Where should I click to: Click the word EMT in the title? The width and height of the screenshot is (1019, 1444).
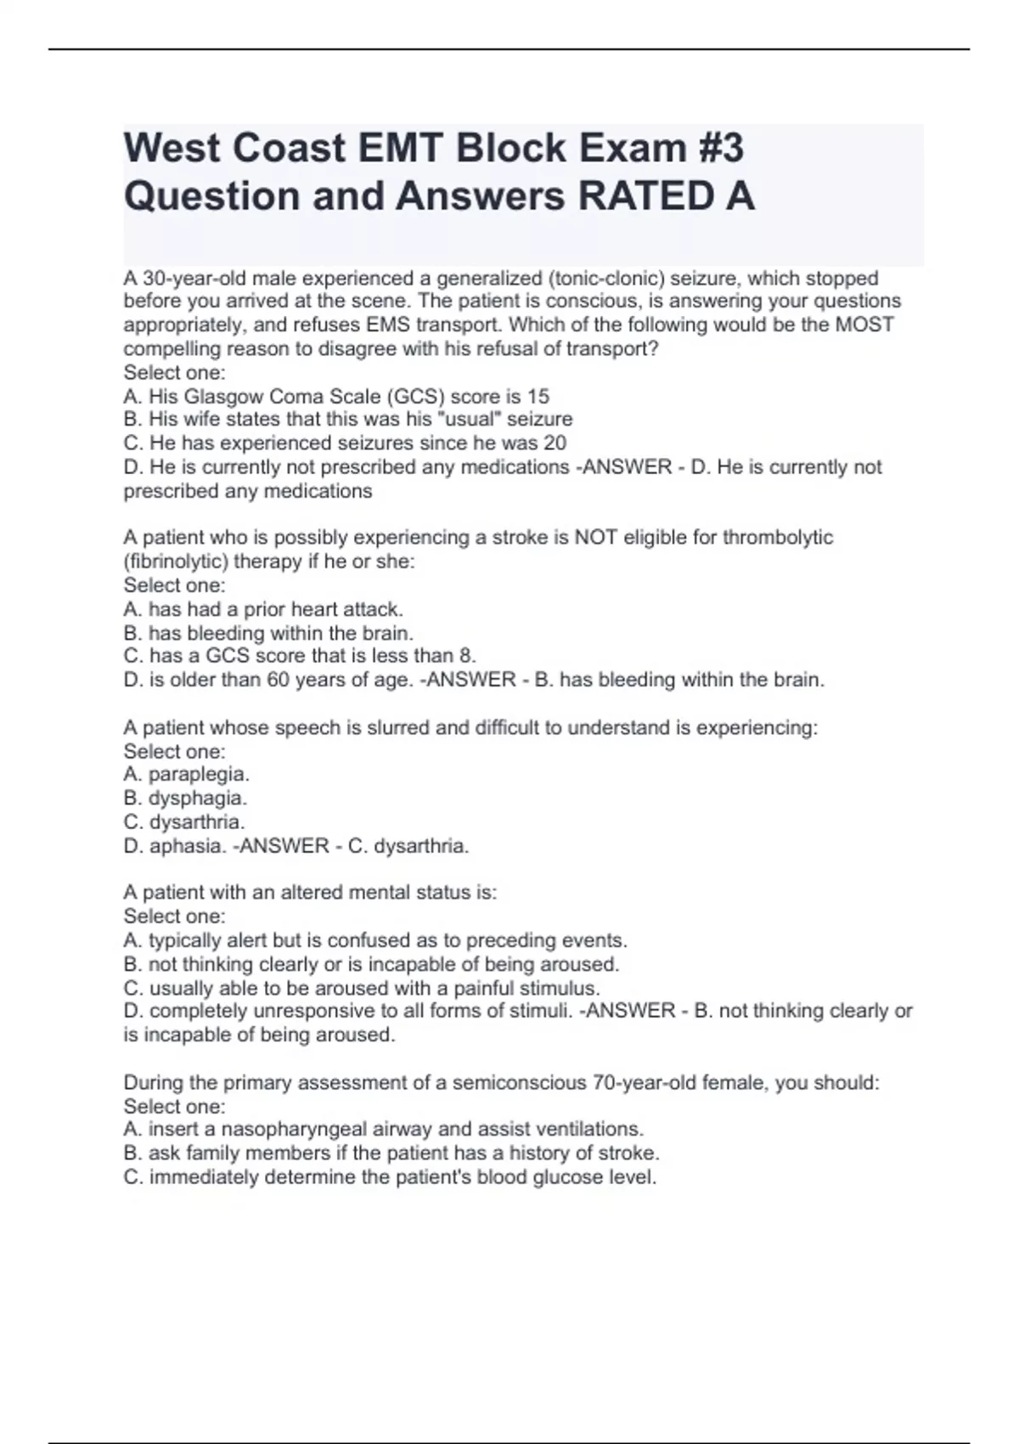[399, 148]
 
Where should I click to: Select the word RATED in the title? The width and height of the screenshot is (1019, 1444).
[645, 196]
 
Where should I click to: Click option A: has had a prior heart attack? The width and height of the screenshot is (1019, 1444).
[263, 609]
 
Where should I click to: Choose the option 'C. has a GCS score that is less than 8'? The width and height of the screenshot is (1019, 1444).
[300, 656]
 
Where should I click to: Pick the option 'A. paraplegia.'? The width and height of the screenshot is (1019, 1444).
[187, 774]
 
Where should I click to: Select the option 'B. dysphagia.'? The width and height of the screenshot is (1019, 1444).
[185, 798]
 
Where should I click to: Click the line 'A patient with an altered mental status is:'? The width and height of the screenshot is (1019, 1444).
[310, 892]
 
